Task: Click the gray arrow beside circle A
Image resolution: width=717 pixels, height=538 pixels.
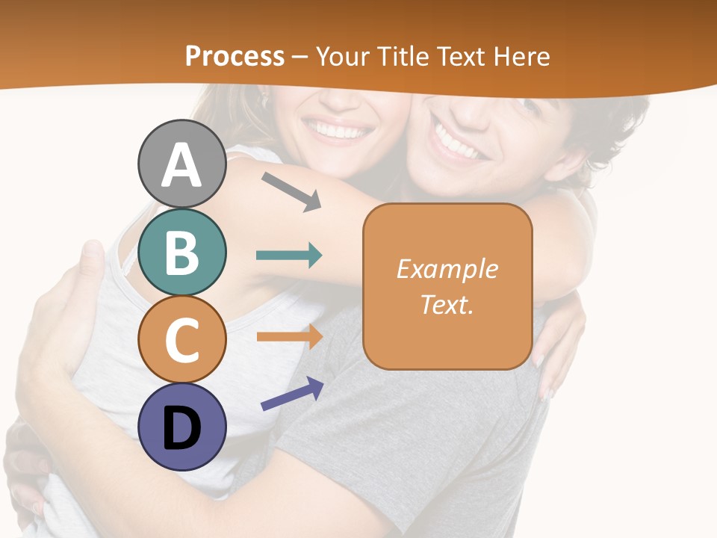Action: [x=291, y=191]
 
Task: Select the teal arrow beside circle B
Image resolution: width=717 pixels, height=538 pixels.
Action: [x=289, y=256]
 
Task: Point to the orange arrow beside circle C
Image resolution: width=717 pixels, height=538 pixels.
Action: [x=289, y=336]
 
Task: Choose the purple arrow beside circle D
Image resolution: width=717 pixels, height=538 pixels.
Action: [x=292, y=394]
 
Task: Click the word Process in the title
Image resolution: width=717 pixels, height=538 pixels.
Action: [x=235, y=56]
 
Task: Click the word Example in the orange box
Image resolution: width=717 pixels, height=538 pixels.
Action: [x=447, y=269]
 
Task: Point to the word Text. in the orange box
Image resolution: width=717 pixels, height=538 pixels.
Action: [x=447, y=304]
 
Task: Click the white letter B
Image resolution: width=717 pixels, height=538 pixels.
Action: [x=181, y=253]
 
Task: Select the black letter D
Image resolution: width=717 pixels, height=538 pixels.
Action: [x=181, y=428]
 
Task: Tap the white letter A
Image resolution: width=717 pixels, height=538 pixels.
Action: [x=181, y=164]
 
